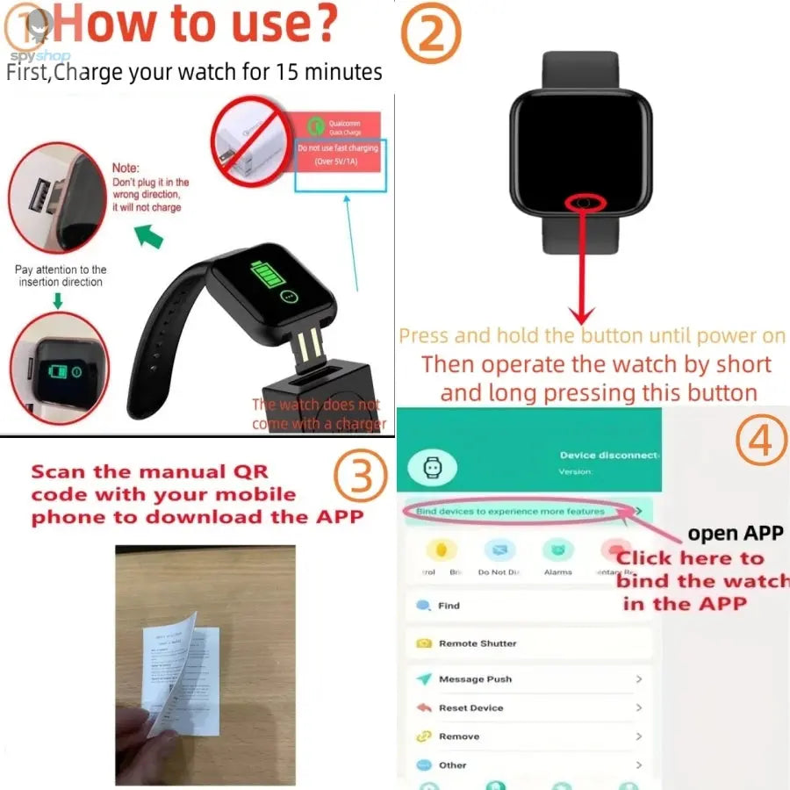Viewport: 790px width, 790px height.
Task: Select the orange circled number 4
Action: pyautogui.click(x=761, y=442)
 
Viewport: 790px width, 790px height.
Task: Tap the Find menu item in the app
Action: pyautogui.click(x=449, y=606)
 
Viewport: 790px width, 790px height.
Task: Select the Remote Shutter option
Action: pyautogui.click(x=478, y=643)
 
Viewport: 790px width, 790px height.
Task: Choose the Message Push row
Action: pyautogui.click(x=475, y=679)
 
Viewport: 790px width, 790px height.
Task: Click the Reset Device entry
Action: pyautogui.click(x=470, y=707)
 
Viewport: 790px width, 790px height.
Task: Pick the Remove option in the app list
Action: pyautogui.click(x=458, y=736)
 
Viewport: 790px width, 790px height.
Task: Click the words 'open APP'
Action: pyautogui.click(x=736, y=533)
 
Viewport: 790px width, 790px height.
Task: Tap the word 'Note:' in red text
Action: pyautogui.click(x=126, y=168)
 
